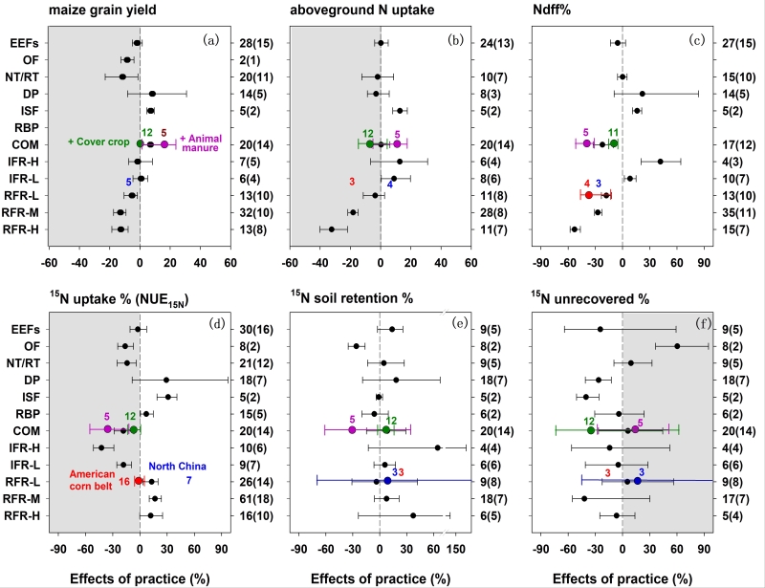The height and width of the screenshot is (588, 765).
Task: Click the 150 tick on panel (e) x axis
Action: pyautogui.click(x=457, y=550)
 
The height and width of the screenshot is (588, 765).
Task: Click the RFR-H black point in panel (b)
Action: pyautogui.click(x=331, y=229)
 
